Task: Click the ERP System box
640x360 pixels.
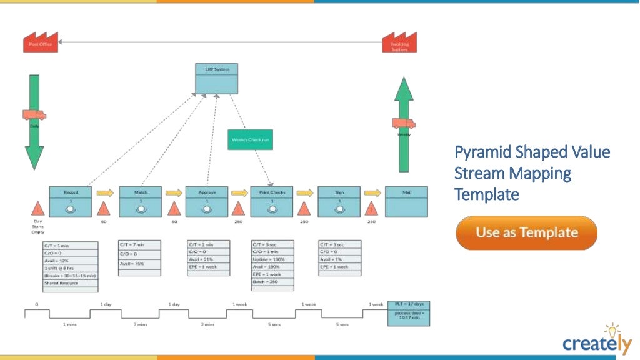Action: point(216,78)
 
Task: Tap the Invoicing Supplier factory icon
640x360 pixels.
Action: point(399,42)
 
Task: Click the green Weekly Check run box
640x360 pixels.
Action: point(250,139)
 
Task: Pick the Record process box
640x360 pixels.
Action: point(71,201)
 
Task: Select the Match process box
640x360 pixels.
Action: point(141,201)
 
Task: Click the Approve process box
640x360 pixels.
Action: point(207,201)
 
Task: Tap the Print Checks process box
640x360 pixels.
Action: point(272,201)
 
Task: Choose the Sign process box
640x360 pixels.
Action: point(339,201)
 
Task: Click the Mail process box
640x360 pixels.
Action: point(407,201)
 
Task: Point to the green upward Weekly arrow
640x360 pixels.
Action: point(404,125)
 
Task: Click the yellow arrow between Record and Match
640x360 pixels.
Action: point(105,193)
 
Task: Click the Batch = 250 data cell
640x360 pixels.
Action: point(272,282)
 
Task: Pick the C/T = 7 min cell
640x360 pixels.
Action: point(139,245)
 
